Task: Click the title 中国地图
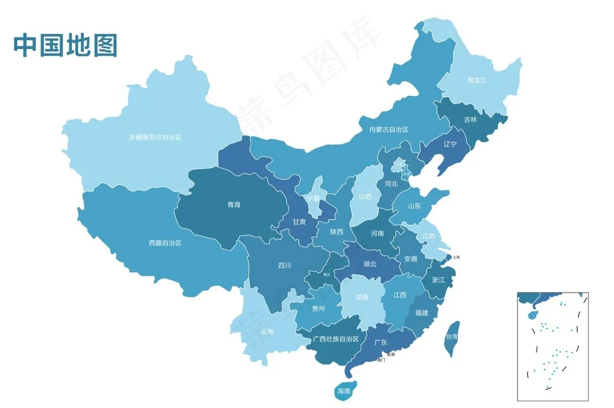pyautogui.click(x=65, y=45)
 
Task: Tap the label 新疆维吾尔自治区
pyautogui.click(x=155, y=137)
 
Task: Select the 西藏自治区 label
pyautogui.click(x=165, y=243)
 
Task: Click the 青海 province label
pyautogui.click(x=233, y=205)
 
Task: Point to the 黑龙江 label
pyautogui.click(x=476, y=80)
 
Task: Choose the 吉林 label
pyautogui.click(x=470, y=120)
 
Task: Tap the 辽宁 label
pyautogui.click(x=449, y=144)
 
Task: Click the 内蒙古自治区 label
pyautogui.click(x=389, y=130)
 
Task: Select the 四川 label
pyautogui.click(x=284, y=265)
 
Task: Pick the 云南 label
pyautogui.click(x=266, y=332)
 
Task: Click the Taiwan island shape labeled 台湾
pyautogui.click(x=452, y=337)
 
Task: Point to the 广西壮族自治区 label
pyautogui.click(x=335, y=339)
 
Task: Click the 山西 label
pyautogui.click(x=365, y=197)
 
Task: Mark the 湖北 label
pyautogui.click(x=370, y=264)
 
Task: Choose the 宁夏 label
pyautogui.click(x=314, y=198)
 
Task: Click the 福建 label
pyautogui.click(x=421, y=313)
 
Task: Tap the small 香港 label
pyautogui.click(x=391, y=355)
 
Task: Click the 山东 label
pyautogui.click(x=414, y=206)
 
